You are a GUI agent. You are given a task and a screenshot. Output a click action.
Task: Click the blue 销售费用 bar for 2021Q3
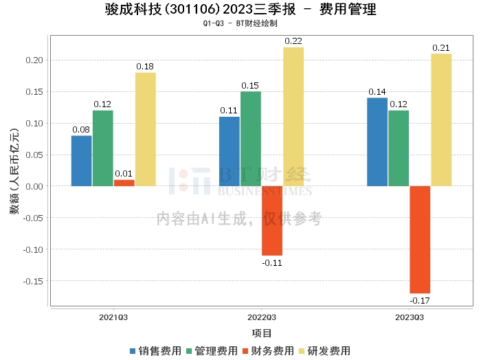(81, 161)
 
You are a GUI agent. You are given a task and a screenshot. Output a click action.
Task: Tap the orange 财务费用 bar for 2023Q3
(420, 239)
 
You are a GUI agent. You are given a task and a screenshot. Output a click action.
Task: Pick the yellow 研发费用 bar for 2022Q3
(293, 117)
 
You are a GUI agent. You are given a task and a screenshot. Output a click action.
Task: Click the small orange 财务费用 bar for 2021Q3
(124, 183)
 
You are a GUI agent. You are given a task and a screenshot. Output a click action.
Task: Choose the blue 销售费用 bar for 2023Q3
(377, 142)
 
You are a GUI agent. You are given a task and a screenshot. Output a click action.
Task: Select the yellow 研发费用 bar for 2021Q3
(146, 129)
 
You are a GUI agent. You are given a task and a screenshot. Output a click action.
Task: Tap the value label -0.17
(419, 300)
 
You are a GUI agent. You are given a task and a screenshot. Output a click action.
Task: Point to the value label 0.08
(81, 129)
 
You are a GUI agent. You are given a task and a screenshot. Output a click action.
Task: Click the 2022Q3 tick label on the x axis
(261, 317)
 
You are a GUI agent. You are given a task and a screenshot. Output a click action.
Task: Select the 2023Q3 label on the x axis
(410, 317)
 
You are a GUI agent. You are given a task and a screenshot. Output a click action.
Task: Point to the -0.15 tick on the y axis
(33, 281)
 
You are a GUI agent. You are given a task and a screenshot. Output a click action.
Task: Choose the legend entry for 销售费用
(156, 350)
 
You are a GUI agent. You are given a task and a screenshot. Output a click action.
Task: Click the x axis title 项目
(261, 333)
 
